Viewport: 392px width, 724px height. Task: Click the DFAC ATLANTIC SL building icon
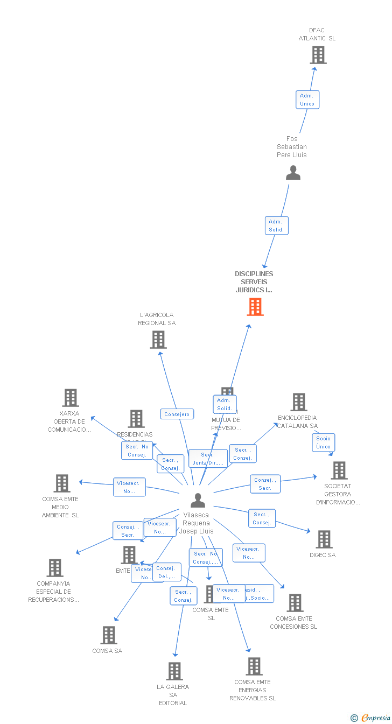pos(318,55)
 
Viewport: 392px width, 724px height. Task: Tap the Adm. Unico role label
pos(307,100)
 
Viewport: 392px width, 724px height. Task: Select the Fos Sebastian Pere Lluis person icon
pos(293,173)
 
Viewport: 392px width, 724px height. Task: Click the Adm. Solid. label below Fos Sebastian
pos(277,226)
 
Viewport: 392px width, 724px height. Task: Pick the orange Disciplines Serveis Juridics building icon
pos(255,307)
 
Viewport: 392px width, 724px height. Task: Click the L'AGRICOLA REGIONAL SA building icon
pos(158,340)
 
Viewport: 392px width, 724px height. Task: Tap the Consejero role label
pos(177,414)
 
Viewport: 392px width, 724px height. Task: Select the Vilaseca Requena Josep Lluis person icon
pos(198,501)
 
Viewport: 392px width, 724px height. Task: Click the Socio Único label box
pos(323,442)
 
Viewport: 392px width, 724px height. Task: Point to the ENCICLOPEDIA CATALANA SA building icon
pos(299,402)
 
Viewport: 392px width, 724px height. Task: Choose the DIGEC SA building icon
pos(324,539)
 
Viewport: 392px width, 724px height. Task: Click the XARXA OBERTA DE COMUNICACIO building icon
pos(71,398)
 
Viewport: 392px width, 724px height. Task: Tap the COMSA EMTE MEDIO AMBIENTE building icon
pos(62,483)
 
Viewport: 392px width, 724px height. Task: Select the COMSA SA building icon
pos(109,635)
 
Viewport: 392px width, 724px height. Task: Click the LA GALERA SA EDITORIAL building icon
pos(174,671)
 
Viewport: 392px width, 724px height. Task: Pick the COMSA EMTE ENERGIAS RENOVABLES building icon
pos(254,666)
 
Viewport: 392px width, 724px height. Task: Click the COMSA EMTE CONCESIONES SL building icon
pos(295,603)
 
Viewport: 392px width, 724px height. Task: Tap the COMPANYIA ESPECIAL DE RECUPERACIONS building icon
pos(55,568)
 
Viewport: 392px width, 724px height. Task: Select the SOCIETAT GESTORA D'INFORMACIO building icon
pos(339,470)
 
